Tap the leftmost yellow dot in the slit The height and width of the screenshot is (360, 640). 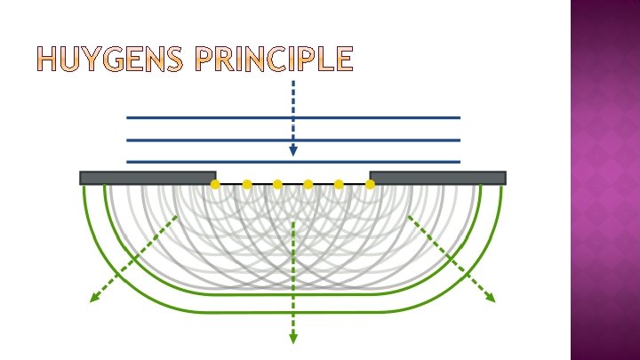215,184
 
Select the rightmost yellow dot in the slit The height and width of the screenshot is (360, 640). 370,184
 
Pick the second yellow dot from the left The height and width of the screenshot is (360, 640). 247,184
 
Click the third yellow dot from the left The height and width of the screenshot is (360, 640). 277,184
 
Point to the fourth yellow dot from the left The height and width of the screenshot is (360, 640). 308,184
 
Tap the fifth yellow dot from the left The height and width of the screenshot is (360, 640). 339,184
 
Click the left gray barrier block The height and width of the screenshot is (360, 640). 148,178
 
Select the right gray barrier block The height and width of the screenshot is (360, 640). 437,178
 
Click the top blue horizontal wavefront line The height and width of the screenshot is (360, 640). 293,117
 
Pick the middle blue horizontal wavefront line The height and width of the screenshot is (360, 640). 293,140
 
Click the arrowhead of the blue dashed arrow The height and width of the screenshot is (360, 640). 293,151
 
